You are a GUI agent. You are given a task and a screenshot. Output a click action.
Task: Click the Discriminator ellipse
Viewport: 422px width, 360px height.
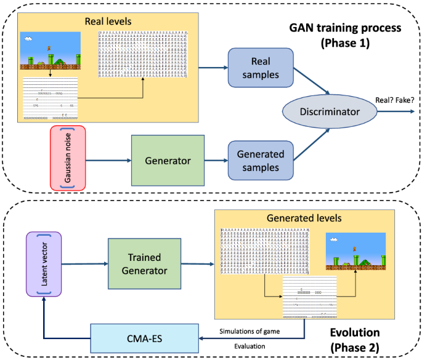click(x=330, y=112)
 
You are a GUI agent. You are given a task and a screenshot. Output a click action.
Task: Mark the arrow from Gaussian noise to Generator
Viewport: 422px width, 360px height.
click(x=110, y=161)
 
